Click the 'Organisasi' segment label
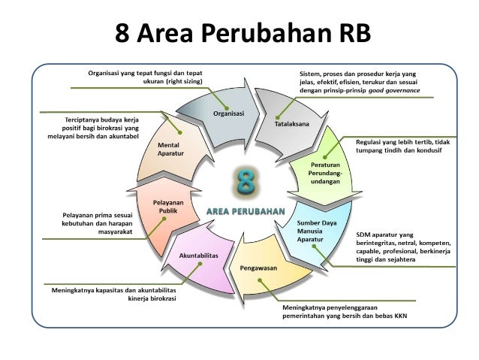pos(227,114)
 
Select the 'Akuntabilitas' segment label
pos(199,256)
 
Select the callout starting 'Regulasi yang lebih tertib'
pos(397,144)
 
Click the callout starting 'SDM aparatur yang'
pos(402,248)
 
